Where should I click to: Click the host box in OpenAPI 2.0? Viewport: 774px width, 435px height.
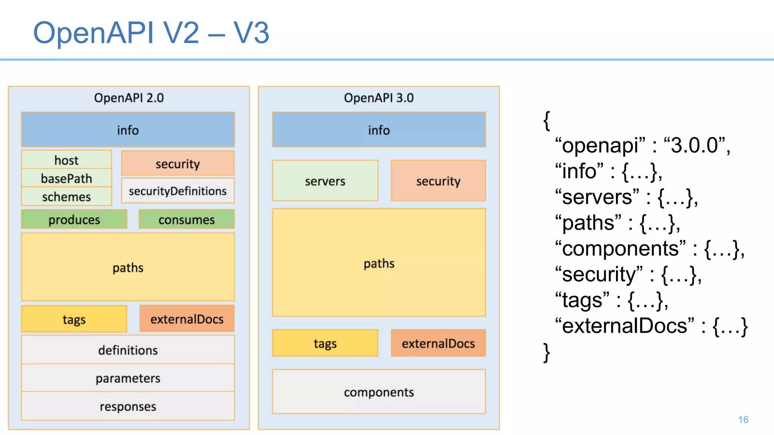67,160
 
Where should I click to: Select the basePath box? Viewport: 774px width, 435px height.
67,178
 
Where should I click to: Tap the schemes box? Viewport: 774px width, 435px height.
67,196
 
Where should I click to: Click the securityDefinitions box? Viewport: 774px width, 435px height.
178,191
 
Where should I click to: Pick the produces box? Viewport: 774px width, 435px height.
74,219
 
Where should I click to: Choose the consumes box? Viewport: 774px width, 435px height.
187,219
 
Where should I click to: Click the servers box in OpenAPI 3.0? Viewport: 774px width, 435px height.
325,181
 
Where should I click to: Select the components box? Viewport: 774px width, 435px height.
379,392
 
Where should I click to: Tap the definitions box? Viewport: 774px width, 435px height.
128,350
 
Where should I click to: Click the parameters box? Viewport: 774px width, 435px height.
128,378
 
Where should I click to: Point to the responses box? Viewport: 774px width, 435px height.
128,406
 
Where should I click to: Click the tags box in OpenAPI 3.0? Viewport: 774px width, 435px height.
325,343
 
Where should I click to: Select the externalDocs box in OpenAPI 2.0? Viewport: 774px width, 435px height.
187,319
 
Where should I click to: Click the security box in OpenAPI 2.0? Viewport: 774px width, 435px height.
178,164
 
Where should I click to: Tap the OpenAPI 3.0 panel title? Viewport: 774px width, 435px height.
379,98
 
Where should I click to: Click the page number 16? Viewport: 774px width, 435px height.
743,420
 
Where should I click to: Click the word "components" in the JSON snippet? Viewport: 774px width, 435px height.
620,249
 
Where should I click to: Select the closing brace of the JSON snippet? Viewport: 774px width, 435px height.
546,353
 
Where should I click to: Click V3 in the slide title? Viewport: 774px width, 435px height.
251,33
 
